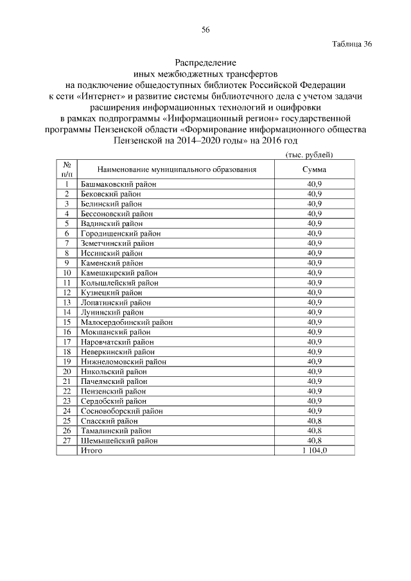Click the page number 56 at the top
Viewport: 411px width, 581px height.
pos(205,30)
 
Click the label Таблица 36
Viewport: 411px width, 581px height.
pos(353,44)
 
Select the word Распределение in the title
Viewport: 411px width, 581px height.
pos(205,63)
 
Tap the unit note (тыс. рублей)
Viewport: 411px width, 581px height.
pos(308,155)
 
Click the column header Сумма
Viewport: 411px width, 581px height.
pos(314,169)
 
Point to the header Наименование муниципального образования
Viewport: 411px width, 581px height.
pos(177,169)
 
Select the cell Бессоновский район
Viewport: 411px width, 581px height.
pos(117,213)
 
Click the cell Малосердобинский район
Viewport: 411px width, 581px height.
pos(125,322)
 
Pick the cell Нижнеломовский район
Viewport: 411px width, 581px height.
pos(123,361)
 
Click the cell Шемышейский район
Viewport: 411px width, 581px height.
pos(119,440)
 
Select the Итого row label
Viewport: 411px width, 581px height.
pos(91,451)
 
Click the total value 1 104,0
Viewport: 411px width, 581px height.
pos(314,451)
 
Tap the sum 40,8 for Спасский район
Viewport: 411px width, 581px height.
pos(314,421)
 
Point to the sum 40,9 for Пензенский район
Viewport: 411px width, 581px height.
pos(314,391)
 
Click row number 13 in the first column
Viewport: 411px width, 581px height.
pos(66,302)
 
